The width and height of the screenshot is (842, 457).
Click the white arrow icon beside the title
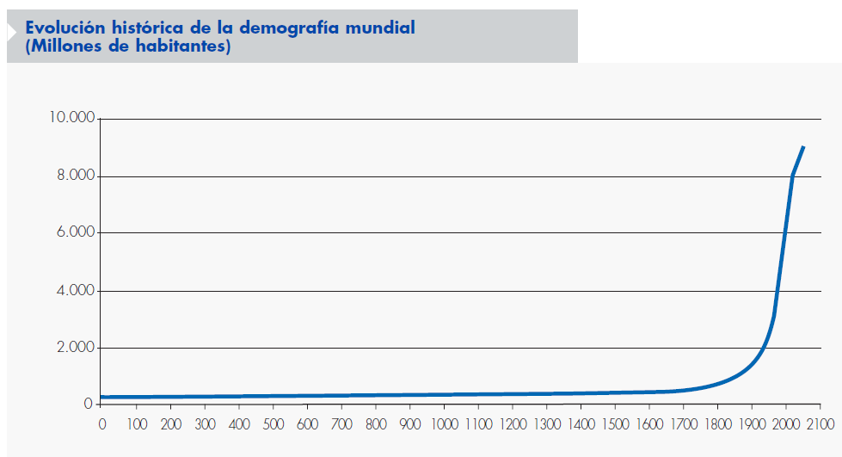pyautogui.click(x=10, y=33)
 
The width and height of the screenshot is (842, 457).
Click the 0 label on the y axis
pyautogui.click(x=88, y=404)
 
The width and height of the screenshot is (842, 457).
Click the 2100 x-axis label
pyautogui.click(x=820, y=424)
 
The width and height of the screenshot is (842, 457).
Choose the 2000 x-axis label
pyautogui.click(x=786, y=424)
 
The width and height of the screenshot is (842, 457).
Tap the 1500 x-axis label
pyautogui.click(x=615, y=424)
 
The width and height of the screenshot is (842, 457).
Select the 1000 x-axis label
pyautogui.click(x=444, y=424)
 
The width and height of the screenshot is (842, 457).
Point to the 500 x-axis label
pyautogui.click(x=273, y=424)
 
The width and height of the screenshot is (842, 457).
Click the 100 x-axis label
pyautogui.click(x=136, y=424)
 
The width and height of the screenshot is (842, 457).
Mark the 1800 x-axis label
pyautogui.click(x=717, y=424)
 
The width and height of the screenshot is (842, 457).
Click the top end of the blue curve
pyautogui.click(x=803, y=147)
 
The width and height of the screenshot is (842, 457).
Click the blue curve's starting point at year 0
pyautogui.click(x=102, y=398)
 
